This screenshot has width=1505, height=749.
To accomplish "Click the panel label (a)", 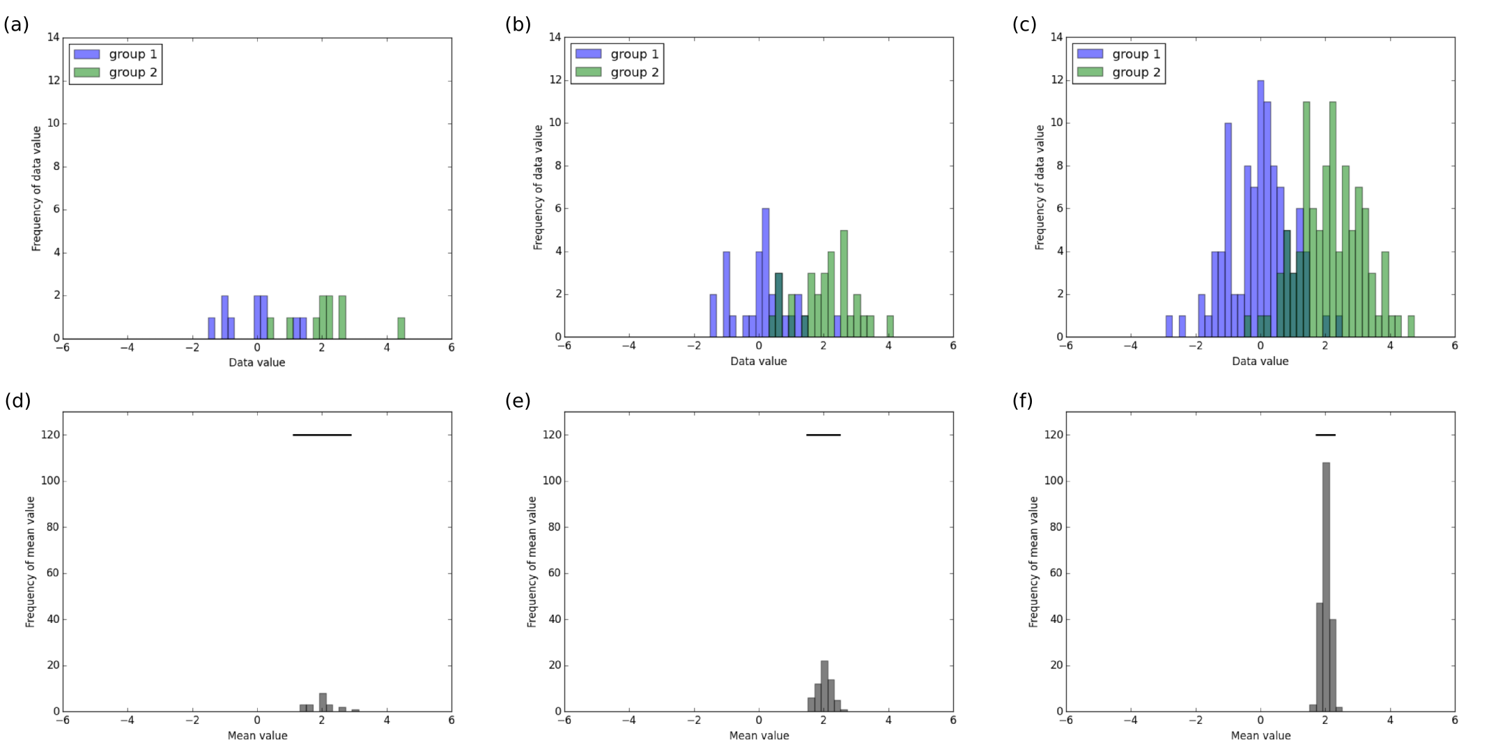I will click(16, 25).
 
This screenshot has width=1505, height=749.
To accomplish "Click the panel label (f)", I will click(1022, 401).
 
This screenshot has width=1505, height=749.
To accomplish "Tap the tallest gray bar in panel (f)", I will click(1326, 585).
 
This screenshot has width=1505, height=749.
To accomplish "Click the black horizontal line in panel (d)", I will click(322, 435).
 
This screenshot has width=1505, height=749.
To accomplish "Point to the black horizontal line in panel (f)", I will click(1325, 435).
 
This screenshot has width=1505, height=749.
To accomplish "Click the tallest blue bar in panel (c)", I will click(1260, 209).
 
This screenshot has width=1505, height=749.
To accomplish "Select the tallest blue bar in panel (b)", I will click(766, 272).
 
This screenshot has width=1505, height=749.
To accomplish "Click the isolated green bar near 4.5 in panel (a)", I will click(401, 328).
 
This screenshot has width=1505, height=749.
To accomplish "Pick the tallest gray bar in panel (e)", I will click(824, 686).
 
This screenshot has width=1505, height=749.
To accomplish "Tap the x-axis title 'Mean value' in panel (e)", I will click(759, 736).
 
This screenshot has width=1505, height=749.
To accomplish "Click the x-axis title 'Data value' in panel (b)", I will click(759, 362).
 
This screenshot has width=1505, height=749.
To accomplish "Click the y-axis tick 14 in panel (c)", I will click(1056, 37).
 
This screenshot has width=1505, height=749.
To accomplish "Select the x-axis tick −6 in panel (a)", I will click(63, 348).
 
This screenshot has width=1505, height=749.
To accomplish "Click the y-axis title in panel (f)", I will click(1033, 562).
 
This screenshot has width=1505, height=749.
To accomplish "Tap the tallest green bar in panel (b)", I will click(844, 284).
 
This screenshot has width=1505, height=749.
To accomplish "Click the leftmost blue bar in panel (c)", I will click(1169, 327).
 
